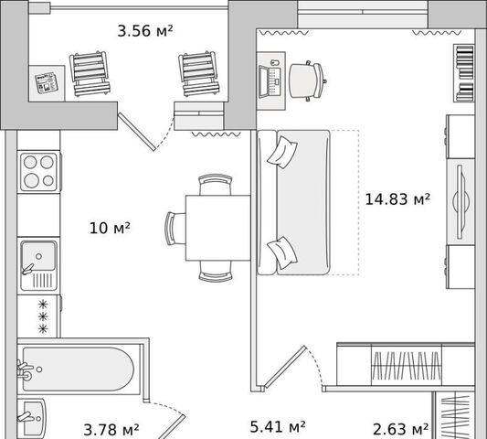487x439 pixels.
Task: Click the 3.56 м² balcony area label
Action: pyautogui.click(x=145, y=31)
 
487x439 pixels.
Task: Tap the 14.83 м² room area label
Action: pyautogui.click(x=397, y=199)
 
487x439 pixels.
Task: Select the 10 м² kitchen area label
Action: pyautogui.click(x=110, y=228)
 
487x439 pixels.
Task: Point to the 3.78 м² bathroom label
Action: pyautogui.click(x=111, y=430)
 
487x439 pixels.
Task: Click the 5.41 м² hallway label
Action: pyautogui.click(x=278, y=426)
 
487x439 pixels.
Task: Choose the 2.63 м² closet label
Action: pyautogui.click(x=401, y=429)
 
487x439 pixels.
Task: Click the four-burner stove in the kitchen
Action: pyautogui.click(x=39, y=172)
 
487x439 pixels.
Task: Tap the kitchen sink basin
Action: pyautogui.click(x=38, y=256)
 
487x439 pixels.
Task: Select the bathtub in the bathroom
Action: pyautogui.click(x=79, y=369)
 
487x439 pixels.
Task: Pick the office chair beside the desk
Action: pyautogui.click(x=307, y=80)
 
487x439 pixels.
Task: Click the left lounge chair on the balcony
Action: pyautogui.click(x=90, y=73)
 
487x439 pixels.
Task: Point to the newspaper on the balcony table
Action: pyautogui.click(x=47, y=83)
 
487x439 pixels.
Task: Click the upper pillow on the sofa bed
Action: pyautogui.click(x=282, y=153)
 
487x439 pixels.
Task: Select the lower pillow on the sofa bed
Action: pyautogui.click(x=282, y=252)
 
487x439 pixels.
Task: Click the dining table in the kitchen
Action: pyautogui.click(x=217, y=228)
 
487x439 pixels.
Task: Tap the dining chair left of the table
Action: pyautogui.click(x=175, y=229)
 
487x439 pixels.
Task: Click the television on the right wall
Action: pyautogui.click(x=461, y=202)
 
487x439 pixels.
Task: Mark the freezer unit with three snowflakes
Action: pyautogui.click(x=38, y=316)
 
